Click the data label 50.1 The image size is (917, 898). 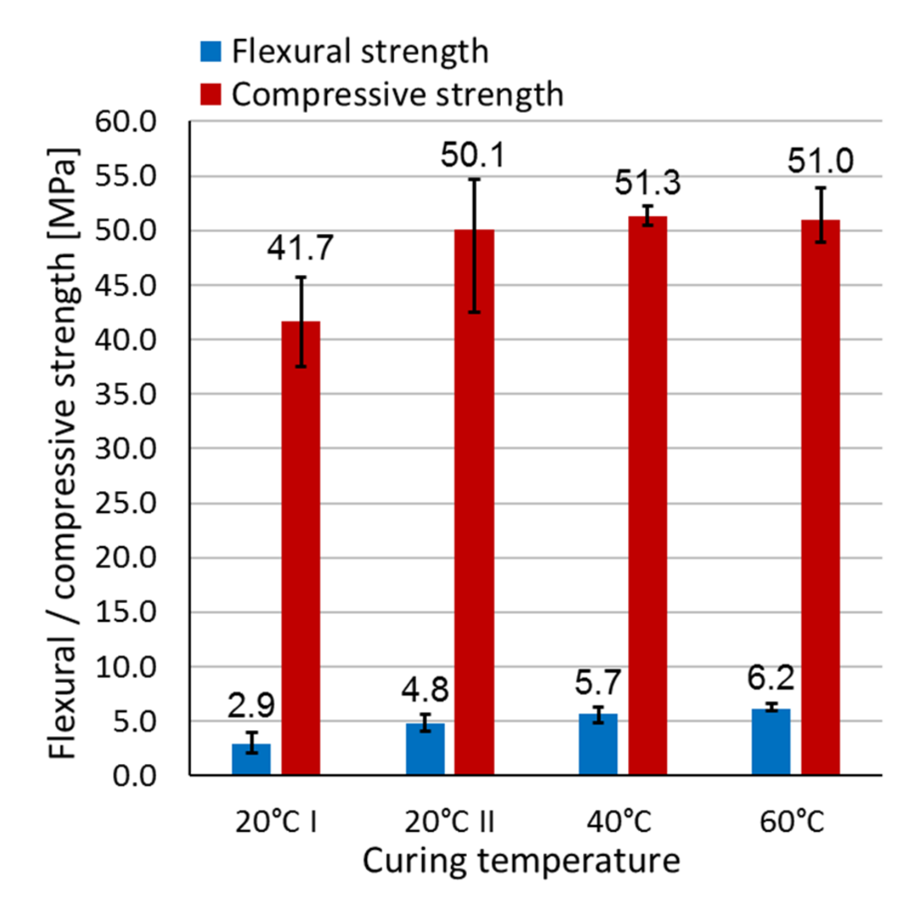pyautogui.click(x=473, y=156)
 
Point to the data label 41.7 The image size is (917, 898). pyautogui.click(x=300, y=248)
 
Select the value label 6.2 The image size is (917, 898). pyautogui.click(x=771, y=678)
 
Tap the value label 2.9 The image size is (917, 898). pyautogui.click(x=251, y=705)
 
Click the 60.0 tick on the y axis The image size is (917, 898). pyautogui.click(x=126, y=122)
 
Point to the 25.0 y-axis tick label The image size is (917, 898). pyautogui.click(x=126, y=503)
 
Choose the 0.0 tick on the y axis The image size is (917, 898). pyautogui.click(x=134, y=776)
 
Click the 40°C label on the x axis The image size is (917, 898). pyautogui.click(x=619, y=822)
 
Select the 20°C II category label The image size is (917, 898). pyautogui.click(x=449, y=822)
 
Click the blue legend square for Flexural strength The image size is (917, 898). pyautogui.click(x=211, y=51)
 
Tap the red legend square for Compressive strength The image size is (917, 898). pyautogui.click(x=211, y=95)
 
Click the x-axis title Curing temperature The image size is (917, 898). pyautogui.click(x=521, y=860)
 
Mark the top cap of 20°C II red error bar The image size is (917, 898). pyautogui.click(x=474, y=179)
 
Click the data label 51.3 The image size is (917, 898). pyautogui.click(x=648, y=183)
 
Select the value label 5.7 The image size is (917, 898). pyautogui.click(x=598, y=683)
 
